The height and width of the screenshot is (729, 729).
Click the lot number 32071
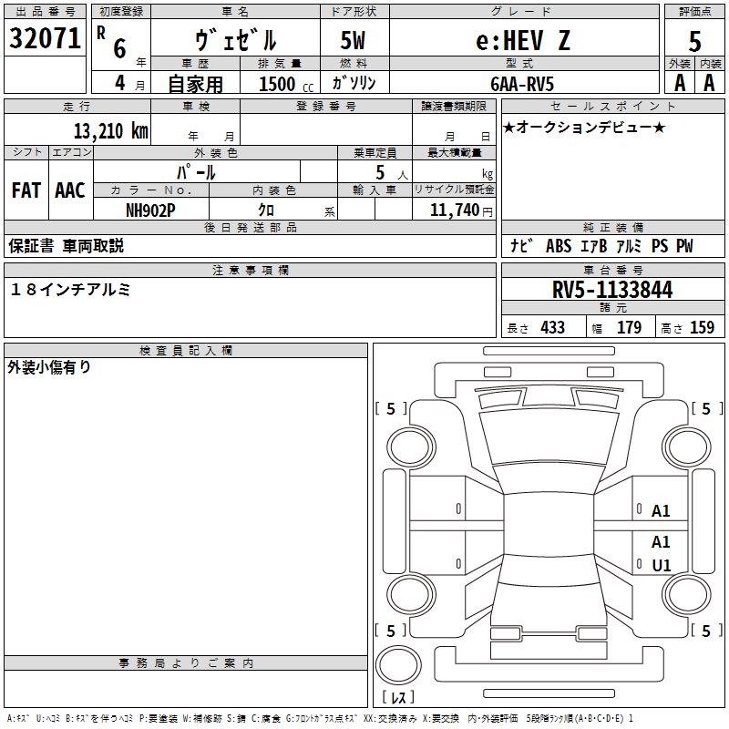point(45,38)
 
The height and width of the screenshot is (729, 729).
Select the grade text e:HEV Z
point(522,40)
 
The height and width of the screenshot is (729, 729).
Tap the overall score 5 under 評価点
point(694,41)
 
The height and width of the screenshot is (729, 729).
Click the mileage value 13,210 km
point(110,131)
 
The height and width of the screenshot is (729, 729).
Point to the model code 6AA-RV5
point(522,84)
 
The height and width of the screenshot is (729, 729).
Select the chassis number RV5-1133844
point(612,290)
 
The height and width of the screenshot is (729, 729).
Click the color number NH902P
point(150,210)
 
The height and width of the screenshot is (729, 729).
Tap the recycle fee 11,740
point(454,210)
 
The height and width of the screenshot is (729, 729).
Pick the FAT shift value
point(26,190)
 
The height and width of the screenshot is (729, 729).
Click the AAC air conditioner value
point(70,190)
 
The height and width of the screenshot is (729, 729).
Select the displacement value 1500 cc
point(286,84)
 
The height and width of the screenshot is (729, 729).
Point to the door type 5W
point(353,40)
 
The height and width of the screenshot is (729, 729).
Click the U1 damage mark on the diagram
point(662,565)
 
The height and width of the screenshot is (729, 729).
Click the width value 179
point(629,327)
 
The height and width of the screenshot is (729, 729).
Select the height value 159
point(702,327)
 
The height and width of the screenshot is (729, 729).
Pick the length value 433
point(553,327)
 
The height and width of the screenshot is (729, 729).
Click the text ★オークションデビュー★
point(584,127)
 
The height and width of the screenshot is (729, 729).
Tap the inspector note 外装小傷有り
point(49,367)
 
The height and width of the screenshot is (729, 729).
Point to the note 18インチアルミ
point(70,290)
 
